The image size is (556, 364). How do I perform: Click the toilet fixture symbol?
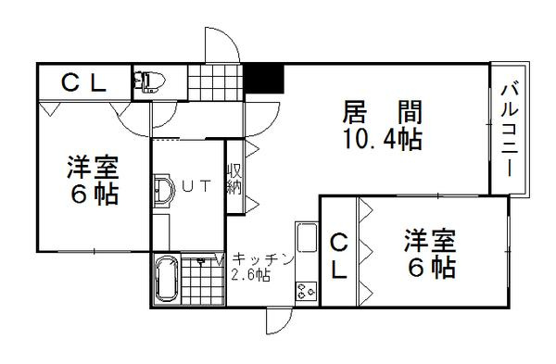point(148,82)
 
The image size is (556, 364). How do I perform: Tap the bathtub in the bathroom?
point(167,279)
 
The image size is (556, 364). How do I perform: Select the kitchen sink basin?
point(307,237)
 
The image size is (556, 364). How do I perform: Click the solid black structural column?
point(264,79)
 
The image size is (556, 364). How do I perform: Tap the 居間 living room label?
point(382,112)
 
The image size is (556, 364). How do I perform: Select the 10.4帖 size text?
point(382,139)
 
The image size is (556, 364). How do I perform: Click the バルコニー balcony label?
point(510,130)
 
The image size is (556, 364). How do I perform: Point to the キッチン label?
point(263,259)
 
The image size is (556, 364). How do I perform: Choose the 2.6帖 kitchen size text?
point(251,275)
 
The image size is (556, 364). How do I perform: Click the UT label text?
point(196,186)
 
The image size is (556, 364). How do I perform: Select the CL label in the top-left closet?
point(83,83)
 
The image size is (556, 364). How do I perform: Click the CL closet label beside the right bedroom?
point(339,256)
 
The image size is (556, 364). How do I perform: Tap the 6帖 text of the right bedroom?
point(431,268)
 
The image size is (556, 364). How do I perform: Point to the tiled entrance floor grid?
point(216,82)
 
